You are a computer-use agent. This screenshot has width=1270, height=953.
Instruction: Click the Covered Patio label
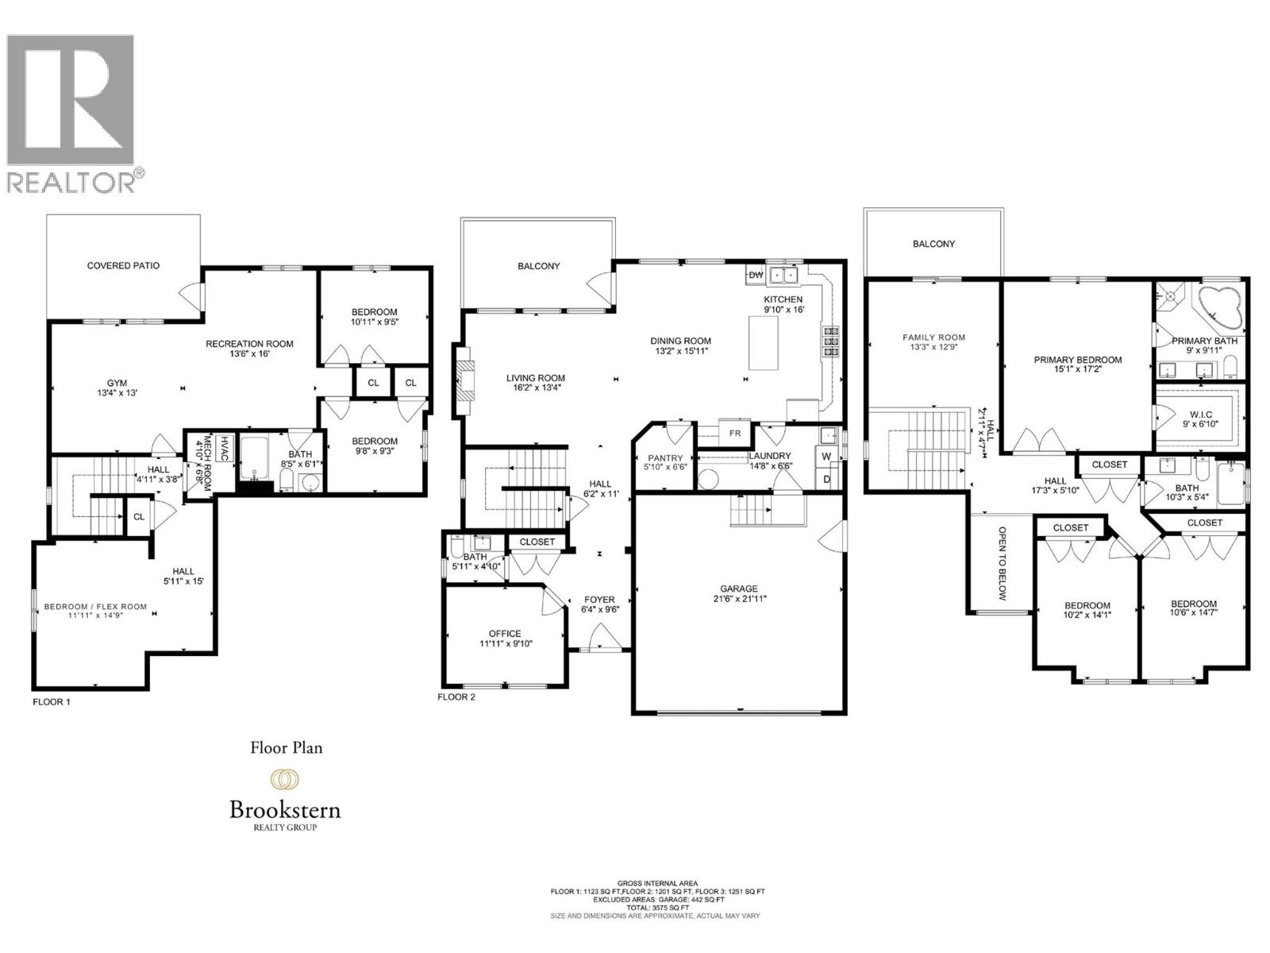[x=123, y=265]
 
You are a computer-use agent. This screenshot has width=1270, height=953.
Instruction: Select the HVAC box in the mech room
[x=225, y=442]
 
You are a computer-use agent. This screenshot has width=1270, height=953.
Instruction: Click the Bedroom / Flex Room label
[x=95, y=607]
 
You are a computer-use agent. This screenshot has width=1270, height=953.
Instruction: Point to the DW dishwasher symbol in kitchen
[x=756, y=275]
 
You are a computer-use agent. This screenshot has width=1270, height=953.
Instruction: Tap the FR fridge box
[x=734, y=434]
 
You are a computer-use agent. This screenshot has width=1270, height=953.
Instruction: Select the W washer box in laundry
[x=826, y=457]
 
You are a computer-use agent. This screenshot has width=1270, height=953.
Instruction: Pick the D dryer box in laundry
[x=826, y=479]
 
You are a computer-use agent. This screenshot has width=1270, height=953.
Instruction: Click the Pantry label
[x=665, y=458]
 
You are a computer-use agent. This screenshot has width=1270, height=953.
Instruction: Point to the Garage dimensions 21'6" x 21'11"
[x=739, y=599]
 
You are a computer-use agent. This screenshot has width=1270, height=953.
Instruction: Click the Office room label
[x=505, y=634]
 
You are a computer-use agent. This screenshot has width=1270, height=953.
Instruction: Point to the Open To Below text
[x=1002, y=563]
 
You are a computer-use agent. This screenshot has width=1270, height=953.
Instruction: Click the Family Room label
[x=933, y=338]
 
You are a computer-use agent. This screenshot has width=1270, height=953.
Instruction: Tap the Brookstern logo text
[x=285, y=810]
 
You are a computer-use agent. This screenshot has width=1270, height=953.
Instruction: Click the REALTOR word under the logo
[x=71, y=182]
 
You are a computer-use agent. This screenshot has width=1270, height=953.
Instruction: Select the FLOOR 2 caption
[x=456, y=697]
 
